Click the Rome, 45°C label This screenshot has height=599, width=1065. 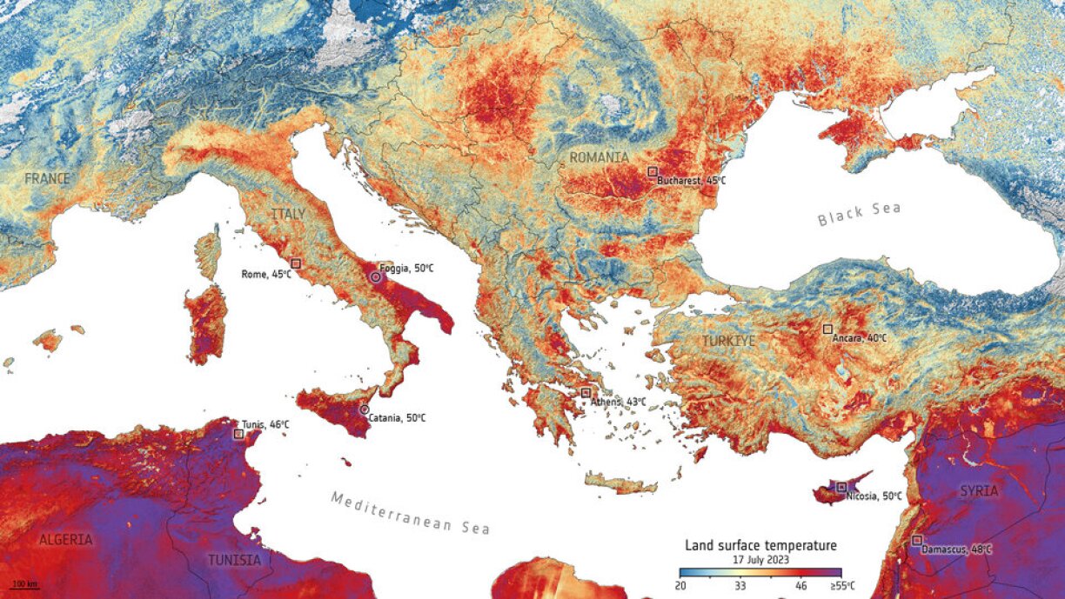click(266, 275)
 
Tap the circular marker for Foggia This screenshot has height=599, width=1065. click(375, 276)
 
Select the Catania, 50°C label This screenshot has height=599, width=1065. click(397, 418)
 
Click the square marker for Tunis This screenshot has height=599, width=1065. click(238, 433)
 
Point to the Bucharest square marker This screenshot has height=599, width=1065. click(652, 172)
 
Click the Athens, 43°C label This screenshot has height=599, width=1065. click(619, 402)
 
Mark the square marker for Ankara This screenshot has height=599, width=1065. click(827, 329)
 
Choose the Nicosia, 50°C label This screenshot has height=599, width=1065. click(874, 496)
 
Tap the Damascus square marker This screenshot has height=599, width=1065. click(916, 540)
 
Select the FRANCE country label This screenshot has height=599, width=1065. click(47, 178)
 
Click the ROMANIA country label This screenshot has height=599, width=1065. click(599, 156)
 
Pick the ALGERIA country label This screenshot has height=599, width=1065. click(65, 540)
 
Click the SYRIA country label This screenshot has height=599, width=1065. click(979, 491)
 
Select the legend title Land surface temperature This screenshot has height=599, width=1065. click(760, 546)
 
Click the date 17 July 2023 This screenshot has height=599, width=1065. click(760, 560)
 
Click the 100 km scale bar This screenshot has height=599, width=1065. click(24, 583)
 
